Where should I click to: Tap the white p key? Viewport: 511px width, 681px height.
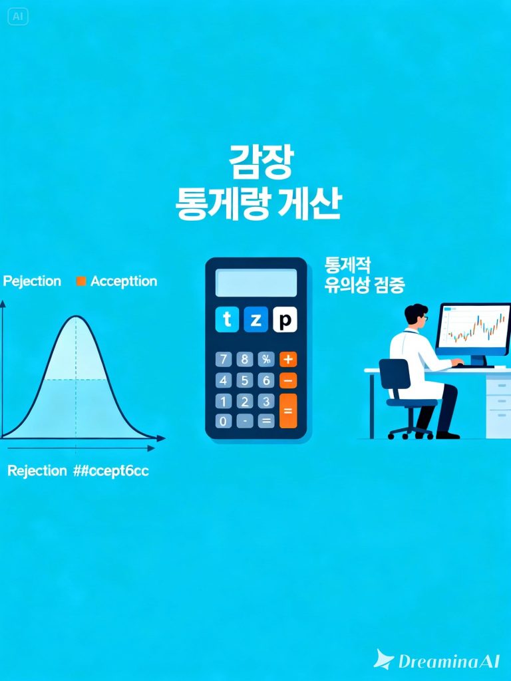pyautogui.click(x=285, y=321)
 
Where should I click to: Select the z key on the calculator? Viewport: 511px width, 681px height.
pyautogui.click(x=256, y=321)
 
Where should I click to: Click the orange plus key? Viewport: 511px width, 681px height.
pyautogui.click(x=288, y=360)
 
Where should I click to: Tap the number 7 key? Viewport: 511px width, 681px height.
pyautogui.click(x=224, y=360)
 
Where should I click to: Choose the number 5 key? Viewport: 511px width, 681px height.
pyautogui.click(x=245, y=380)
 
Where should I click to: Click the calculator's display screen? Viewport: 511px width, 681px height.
pyautogui.click(x=256, y=283)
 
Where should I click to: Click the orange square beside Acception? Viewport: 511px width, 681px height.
pyautogui.click(x=81, y=281)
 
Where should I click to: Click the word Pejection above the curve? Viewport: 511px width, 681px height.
pyautogui.click(x=32, y=281)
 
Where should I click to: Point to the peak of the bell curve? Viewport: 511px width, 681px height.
pyautogui.click(x=76, y=317)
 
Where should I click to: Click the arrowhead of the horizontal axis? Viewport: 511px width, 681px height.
pyautogui.click(x=161, y=439)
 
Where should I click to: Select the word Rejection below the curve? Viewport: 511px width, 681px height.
pyautogui.click(x=37, y=471)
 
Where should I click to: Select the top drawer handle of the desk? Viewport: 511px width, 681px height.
pyautogui.click(x=499, y=384)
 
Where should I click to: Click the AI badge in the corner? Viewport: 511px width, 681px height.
pyautogui.click(x=18, y=17)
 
